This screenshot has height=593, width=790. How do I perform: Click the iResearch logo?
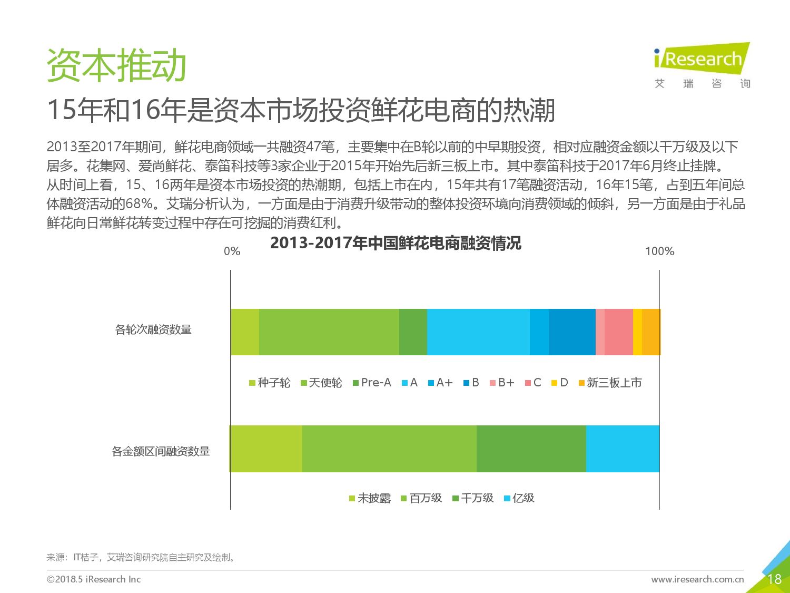point(702,65)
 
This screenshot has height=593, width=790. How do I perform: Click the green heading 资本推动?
point(116,65)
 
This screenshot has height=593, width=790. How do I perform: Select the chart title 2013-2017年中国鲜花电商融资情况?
point(396,242)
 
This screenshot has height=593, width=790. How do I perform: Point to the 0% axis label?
point(232,251)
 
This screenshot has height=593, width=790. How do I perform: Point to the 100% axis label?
point(660,251)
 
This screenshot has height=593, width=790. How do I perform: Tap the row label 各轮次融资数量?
point(153,329)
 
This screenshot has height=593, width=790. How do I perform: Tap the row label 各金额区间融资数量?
point(161,451)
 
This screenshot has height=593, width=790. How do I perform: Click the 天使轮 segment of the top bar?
point(329,332)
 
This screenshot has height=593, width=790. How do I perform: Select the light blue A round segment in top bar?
point(478,332)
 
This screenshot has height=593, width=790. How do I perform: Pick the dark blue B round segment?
point(572,332)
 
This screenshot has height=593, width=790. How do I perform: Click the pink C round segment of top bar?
point(619,332)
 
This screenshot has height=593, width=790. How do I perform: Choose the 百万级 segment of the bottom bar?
point(389,449)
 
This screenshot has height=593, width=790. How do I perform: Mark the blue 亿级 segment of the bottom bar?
point(623,449)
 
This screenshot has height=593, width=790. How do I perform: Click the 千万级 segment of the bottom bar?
point(531,449)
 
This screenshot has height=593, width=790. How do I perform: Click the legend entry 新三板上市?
point(610,382)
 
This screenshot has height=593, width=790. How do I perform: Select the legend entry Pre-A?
point(372,382)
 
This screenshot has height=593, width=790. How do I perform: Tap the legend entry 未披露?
point(370,498)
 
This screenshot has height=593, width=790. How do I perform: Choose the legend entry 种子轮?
point(270,382)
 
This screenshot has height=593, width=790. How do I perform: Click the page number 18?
point(774,579)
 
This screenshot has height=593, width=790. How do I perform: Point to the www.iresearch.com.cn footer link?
point(697,579)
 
